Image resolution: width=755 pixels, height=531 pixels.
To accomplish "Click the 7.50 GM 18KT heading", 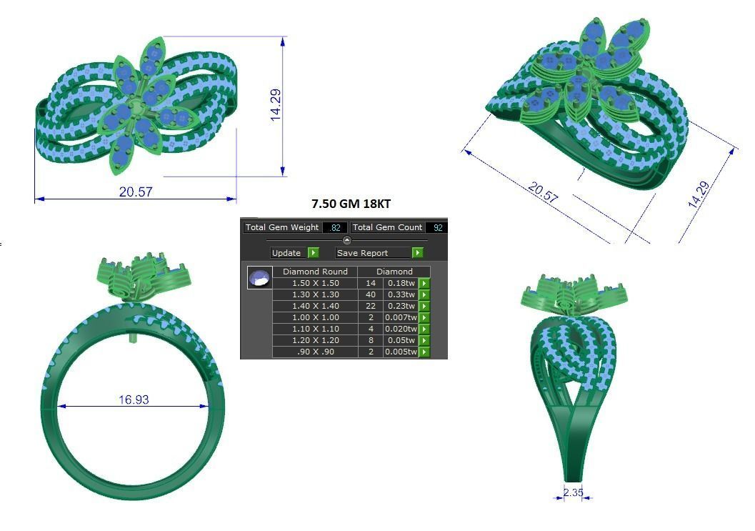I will (351, 204).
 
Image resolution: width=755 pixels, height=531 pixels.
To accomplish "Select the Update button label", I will (286, 253).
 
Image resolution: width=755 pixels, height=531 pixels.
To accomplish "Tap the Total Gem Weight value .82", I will (334, 227).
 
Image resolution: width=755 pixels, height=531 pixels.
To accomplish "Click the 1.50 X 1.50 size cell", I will (315, 283).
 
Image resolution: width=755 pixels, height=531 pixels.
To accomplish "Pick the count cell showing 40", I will (371, 294).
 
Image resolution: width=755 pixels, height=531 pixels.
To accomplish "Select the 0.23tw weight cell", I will (401, 306).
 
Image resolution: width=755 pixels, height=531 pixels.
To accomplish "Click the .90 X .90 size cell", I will (315, 352).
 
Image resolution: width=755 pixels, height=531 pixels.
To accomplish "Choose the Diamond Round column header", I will (315, 272).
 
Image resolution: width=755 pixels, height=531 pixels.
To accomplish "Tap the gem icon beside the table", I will (259, 277).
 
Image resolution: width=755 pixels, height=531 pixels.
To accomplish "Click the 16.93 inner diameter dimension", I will (134, 400).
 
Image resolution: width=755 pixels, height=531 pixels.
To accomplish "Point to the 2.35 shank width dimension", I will (574, 492).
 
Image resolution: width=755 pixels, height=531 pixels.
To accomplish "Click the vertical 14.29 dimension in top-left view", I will (276, 104).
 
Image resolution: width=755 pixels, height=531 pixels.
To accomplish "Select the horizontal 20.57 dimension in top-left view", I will (136, 192).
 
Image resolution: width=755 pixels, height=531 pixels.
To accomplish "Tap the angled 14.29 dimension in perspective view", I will (699, 194).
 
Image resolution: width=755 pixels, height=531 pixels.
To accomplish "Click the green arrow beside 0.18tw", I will (424, 283).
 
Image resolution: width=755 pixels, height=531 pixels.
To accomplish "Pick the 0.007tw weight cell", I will (401, 317).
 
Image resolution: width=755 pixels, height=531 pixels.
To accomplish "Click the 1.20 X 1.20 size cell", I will (315, 340).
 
